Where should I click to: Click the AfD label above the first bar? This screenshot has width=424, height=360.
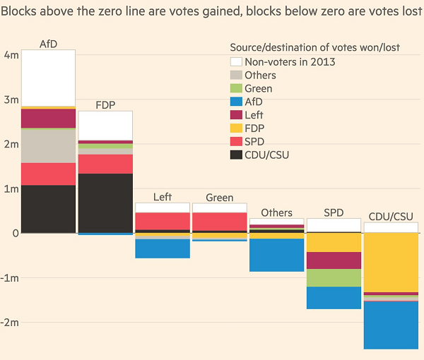49,44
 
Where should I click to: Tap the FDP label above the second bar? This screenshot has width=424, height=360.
105,104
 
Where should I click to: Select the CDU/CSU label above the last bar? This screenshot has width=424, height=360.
391,216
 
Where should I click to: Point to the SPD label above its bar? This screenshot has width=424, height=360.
334,212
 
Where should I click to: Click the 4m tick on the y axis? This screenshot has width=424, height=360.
11,55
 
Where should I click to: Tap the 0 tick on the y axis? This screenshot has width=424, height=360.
15,233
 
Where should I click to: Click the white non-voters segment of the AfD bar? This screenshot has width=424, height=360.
49,78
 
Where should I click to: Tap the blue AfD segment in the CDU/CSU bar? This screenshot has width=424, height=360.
391,325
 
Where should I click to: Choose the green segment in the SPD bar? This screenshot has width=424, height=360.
334,277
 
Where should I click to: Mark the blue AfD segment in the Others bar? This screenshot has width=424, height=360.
276,255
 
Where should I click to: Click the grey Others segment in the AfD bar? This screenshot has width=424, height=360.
49,146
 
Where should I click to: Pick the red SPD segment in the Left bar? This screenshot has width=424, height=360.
163,221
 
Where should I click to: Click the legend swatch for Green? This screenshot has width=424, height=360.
236,88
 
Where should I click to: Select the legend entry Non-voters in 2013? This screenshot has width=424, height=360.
290,61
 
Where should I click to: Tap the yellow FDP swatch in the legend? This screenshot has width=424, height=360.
236,128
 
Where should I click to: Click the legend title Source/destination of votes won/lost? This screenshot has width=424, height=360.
314,47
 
